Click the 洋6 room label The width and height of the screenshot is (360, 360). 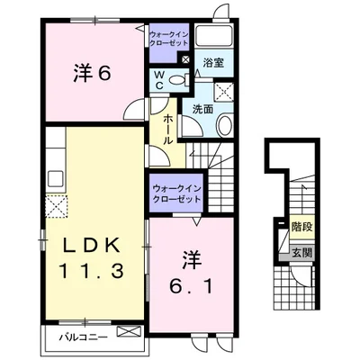(x=91, y=75)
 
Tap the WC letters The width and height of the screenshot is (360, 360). (x=158, y=79)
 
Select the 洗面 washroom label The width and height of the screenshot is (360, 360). (x=202, y=108)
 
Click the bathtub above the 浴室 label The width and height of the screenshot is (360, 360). (x=214, y=39)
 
